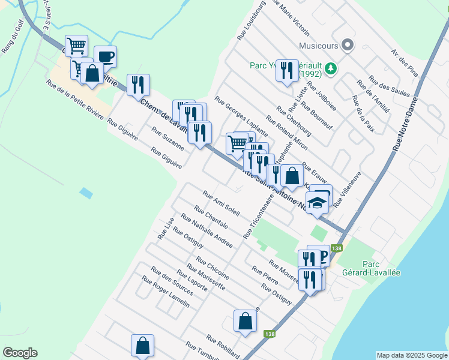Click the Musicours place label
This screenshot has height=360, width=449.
click(318, 45)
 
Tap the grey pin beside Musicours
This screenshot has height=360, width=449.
click(347, 45)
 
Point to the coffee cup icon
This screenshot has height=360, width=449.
click(105, 57)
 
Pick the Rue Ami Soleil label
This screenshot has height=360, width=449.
click(221, 203)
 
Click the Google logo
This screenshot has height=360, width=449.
click(20, 353)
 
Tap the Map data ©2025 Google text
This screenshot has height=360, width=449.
click(411, 355)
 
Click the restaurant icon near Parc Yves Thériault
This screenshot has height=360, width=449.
click(286, 71)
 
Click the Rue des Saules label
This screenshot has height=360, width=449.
click(389, 86)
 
